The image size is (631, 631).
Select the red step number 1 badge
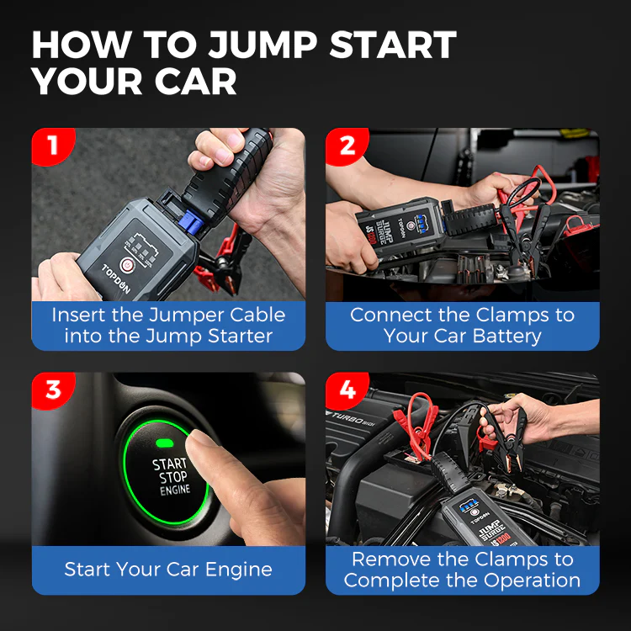[x=52, y=146]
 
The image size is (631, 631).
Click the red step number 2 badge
[x=347, y=146]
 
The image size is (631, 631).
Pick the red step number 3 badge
[x=52, y=390]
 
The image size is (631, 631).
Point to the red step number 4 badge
[x=347, y=390]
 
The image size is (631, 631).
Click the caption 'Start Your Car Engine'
[x=168, y=570]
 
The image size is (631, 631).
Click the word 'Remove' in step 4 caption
[x=394, y=559]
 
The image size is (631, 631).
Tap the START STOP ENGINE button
[x=169, y=476]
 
